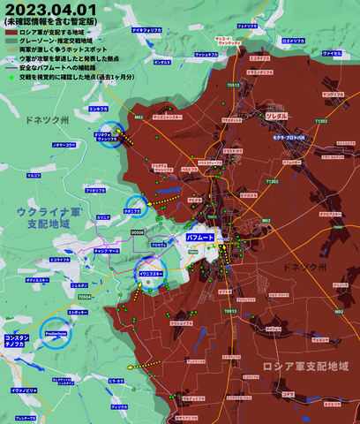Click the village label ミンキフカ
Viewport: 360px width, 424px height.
click(99, 109)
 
